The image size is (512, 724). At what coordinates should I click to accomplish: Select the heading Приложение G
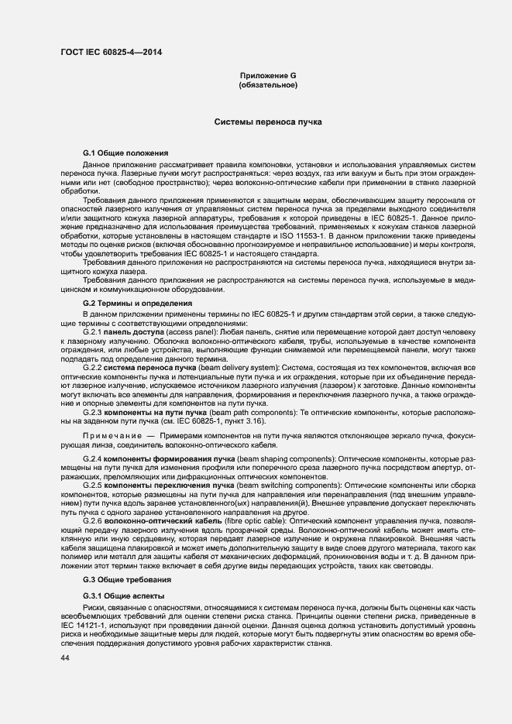pyautogui.click(x=268, y=75)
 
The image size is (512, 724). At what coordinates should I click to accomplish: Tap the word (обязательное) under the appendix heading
pyautogui.click(x=268, y=85)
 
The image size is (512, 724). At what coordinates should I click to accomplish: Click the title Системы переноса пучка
pyautogui.click(x=268, y=122)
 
